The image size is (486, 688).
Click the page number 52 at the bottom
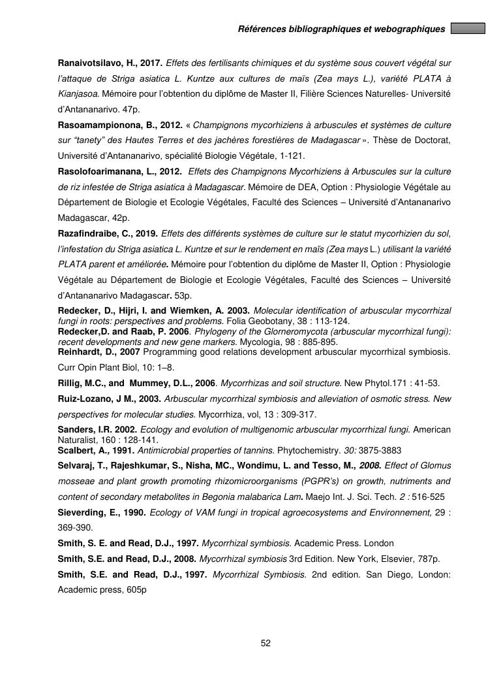pos(266,644)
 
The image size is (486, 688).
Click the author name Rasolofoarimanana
pos(94,172)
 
